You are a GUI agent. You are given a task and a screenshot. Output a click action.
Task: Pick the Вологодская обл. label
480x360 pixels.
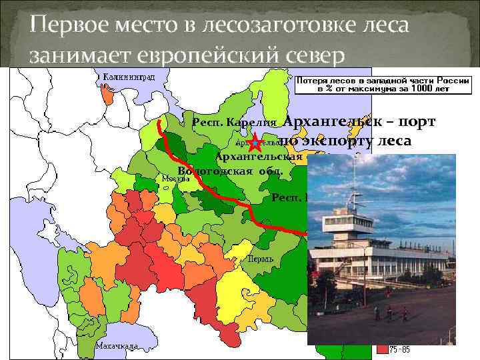(x=230, y=170)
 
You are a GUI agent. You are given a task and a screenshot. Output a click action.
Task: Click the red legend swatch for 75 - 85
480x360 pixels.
(x=382, y=349)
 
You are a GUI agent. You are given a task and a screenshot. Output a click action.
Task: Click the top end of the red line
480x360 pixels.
(x=158, y=123)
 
